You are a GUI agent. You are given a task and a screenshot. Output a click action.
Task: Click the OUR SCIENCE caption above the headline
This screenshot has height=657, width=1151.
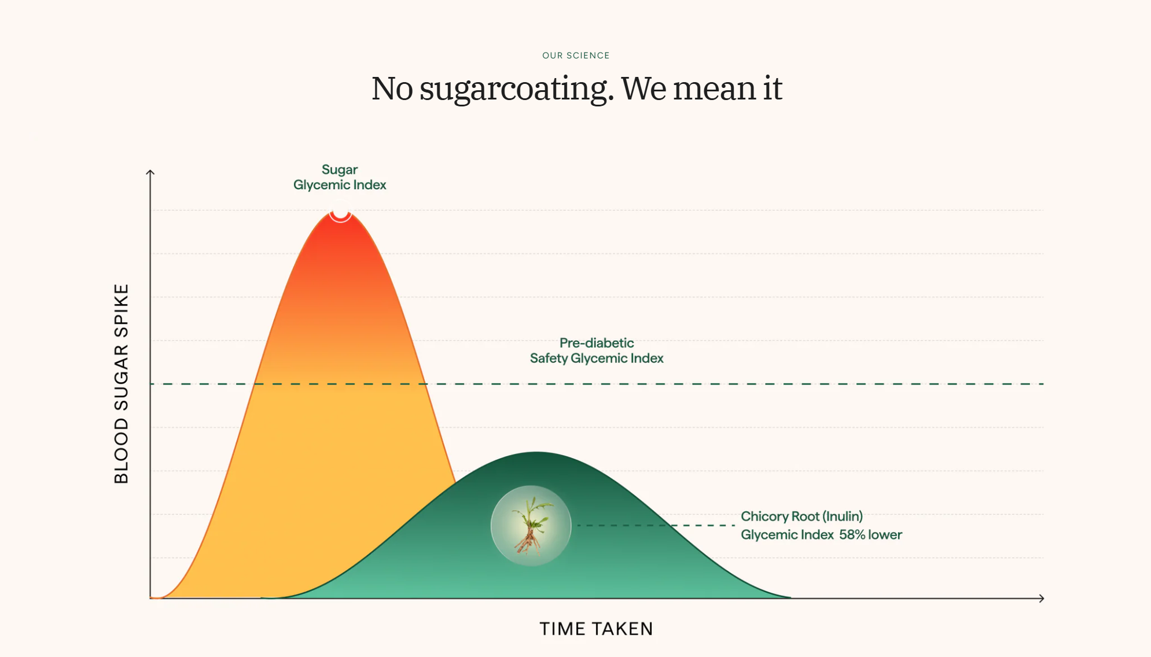(x=576, y=56)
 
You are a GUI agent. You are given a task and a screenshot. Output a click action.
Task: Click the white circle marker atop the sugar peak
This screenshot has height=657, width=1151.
(x=340, y=212)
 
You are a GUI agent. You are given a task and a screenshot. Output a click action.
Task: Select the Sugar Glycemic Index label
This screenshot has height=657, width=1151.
(x=340, y=178)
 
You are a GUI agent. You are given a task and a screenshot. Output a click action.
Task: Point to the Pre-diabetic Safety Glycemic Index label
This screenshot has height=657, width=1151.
(x=597, y=350)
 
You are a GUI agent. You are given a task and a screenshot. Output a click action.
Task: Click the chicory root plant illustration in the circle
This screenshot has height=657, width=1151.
(x=531, y=525)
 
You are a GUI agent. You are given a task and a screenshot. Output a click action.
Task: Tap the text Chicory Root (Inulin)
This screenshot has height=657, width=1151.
(x=801, y=516)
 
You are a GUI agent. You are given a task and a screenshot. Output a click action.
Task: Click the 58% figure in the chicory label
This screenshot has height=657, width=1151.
(x=852, y=534)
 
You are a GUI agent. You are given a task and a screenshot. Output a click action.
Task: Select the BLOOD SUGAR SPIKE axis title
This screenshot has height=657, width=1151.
(x=122, y=383)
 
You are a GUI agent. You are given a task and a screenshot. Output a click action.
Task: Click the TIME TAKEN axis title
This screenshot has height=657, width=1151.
(x=596, y=629)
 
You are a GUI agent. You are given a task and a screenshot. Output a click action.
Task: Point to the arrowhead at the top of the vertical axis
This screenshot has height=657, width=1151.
(x=150, y=172)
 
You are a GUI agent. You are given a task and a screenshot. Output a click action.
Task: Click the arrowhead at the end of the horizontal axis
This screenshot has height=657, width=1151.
(x=1041, y=598)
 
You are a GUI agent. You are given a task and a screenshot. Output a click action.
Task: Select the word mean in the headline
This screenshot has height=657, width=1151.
(x=714, y=89)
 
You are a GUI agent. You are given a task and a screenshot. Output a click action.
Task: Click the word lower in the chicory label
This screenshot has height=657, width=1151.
(x=885, y=534)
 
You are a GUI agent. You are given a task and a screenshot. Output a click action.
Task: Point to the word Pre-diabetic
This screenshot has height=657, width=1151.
(x=597, y=343)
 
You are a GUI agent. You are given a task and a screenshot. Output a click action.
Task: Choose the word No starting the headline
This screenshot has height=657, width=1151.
(x=392, y=89)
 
